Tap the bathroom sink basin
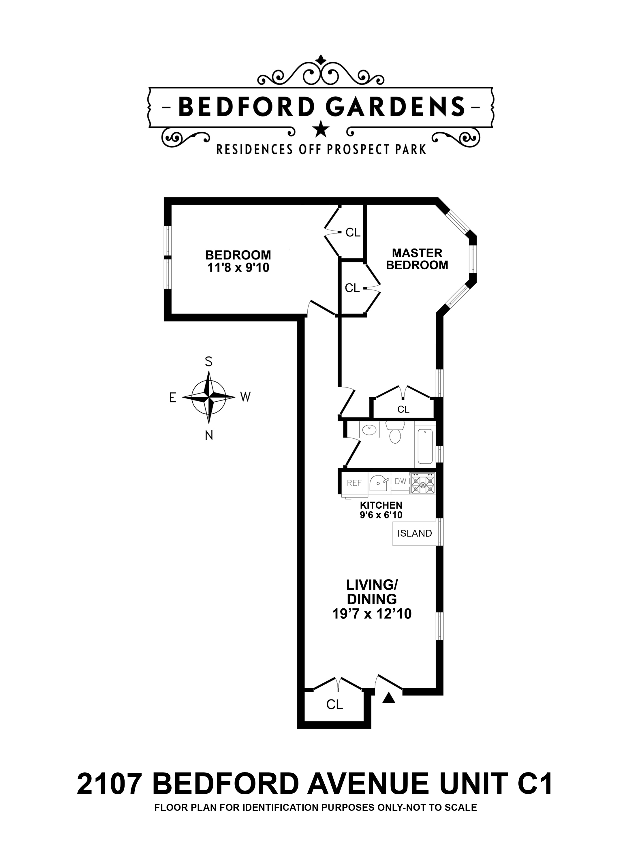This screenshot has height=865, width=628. [x=368, y=430]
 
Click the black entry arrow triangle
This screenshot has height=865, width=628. [x=389, y=697]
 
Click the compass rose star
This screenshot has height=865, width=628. [x=208, y=397]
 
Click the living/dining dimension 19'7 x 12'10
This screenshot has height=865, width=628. [x=372, y=625]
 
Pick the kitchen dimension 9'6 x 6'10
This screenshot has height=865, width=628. [x=381, y=515]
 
